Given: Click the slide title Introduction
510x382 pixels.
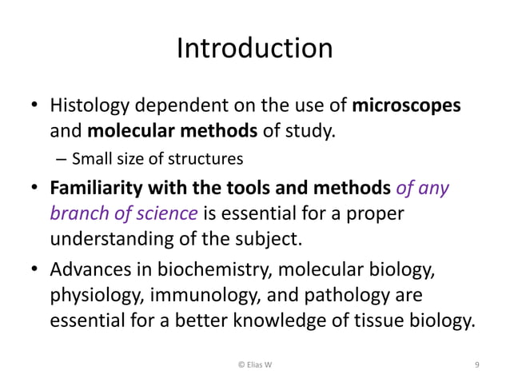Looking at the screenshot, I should tap(254, 49).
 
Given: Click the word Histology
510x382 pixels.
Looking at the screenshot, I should tap(86, 105).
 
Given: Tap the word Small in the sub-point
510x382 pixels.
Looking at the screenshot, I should tap(89, 158).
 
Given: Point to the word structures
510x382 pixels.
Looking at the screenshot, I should tap(209, 158).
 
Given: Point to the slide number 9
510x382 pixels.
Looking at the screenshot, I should tap(476, 365).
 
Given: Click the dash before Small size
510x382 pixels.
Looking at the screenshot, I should tap(62, 158).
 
